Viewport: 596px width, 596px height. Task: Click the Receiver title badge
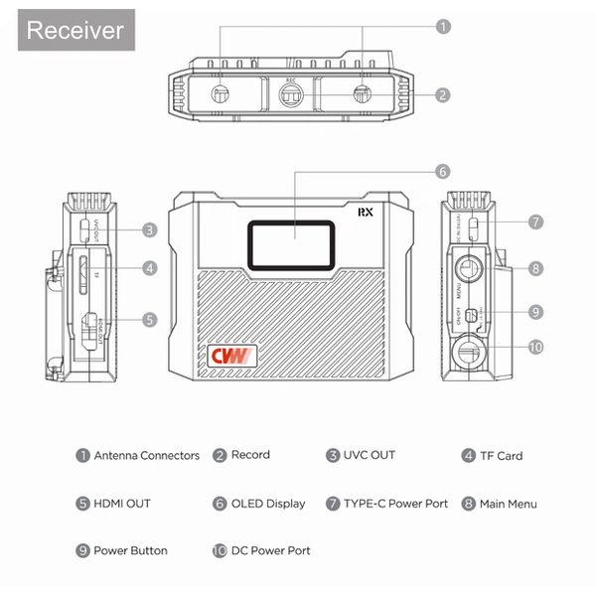pos(75,29)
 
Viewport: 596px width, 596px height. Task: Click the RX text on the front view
pos(366,212)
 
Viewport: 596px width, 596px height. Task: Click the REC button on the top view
pos(290,96)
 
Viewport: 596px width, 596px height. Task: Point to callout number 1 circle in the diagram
pos(443,27)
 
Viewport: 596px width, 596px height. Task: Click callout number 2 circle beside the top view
pos(443,95)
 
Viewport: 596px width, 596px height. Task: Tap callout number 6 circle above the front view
pos(443,171)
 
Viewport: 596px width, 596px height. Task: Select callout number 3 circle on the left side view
pos(149,229)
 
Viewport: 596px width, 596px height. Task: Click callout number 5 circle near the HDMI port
pos(149,320)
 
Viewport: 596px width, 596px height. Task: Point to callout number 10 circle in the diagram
pos(535,347)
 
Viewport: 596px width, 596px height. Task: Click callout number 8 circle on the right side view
pos(535,267)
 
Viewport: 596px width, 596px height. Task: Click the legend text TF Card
pos(500,456)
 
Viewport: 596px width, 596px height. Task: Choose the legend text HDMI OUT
pos(121,504)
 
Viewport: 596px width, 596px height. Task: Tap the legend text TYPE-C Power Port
pos(395,504)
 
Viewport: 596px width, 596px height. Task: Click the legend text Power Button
pos(130,550)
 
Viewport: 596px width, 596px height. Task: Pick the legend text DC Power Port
pos(270,550)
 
